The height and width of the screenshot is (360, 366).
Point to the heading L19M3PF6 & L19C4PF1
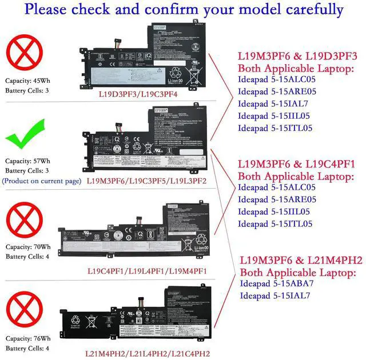click(297, 164)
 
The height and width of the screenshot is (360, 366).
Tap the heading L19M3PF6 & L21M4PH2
click(301, 260)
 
